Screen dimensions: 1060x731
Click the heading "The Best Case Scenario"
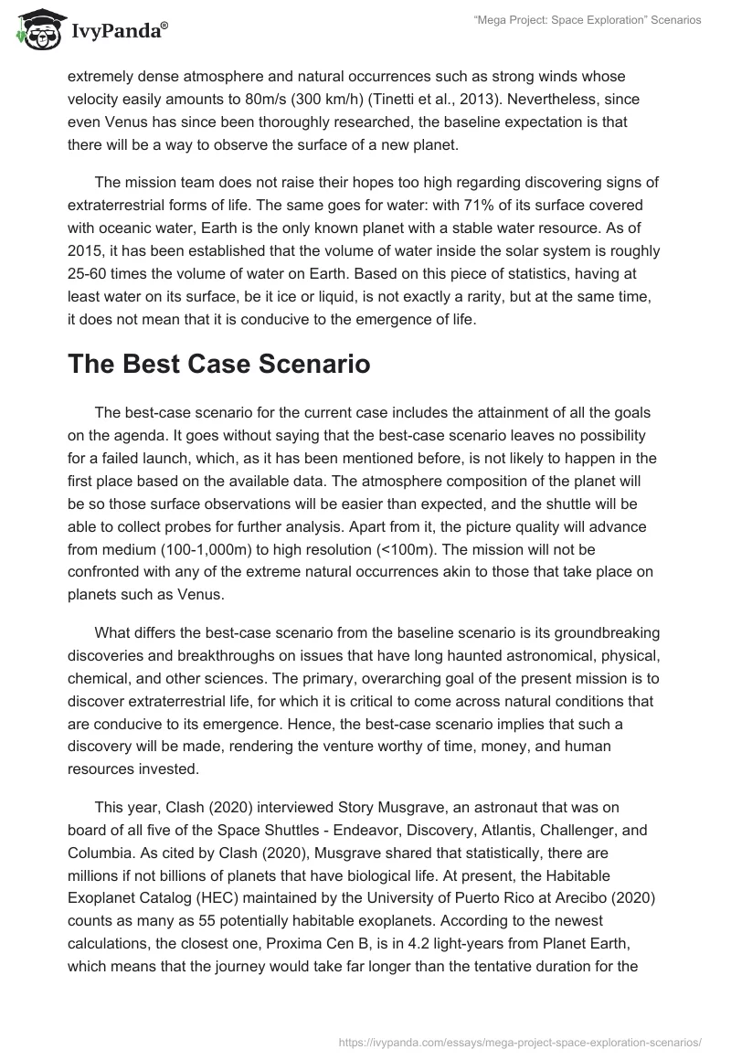pos(218,365)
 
